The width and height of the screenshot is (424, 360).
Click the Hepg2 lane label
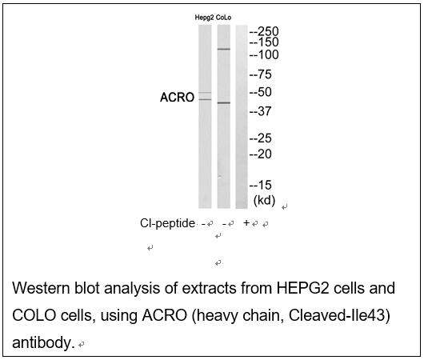coord(204,18)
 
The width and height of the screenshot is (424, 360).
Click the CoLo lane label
coord(223,18)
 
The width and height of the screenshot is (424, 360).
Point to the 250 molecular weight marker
coord(264,32)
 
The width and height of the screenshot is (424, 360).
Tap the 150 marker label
coord(264,42)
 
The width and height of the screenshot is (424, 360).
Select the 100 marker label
coord(264,55)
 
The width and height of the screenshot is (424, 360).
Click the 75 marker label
coord(261,74)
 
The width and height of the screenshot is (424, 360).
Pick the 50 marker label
coord(261,92)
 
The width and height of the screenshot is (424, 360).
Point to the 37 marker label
coord(261,111)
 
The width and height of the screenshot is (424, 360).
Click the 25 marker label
coord(261,138)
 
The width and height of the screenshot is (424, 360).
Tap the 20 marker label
coord(261,154)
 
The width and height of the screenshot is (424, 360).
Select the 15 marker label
coord(261,185)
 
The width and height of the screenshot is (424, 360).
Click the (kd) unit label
coord(264,201)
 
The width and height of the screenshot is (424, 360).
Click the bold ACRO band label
coord(177,98)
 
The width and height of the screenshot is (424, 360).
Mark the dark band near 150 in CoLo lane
coord(224,49)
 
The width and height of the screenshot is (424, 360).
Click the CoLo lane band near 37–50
coord(224,102)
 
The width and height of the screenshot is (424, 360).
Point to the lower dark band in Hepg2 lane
coord(205,99)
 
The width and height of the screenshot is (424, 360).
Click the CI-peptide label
coord(167,223)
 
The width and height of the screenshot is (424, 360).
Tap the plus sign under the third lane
coord(246,223)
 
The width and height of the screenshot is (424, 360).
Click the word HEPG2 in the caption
coord(302,288)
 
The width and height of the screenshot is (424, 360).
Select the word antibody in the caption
coord(43,342)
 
